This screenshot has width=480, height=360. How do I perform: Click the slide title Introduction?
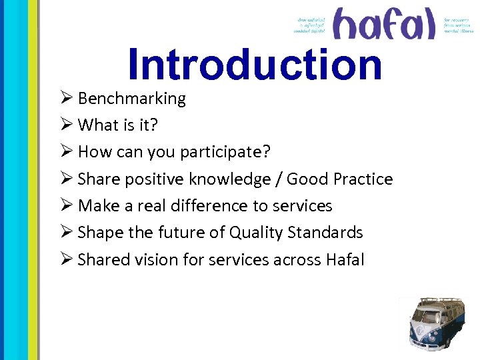pyautogui.click(x=255, y=65)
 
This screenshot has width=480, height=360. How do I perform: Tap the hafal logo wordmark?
pyautogui.click(x=384, y=25)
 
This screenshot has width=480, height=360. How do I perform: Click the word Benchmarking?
pyautogui.click(x=132, y=99)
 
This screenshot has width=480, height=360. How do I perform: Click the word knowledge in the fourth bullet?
pyautogui.click(x=231, y=179)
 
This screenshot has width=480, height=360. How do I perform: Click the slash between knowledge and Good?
pyautogui.click(x=279, y=179)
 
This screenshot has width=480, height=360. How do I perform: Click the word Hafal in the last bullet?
pyautogui.click(x=345, y=259)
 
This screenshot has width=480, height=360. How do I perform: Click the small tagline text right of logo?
pyautogui.click(x=459, y=25)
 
